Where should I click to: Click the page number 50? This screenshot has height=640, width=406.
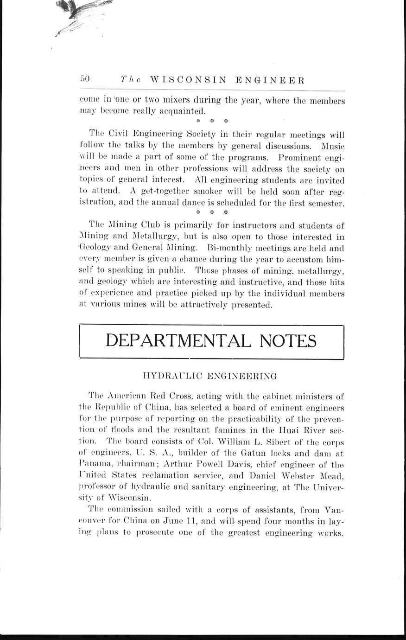point(85,79)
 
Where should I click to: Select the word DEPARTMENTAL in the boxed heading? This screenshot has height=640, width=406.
point(178,341)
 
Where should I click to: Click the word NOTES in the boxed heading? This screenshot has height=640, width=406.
point(288,341)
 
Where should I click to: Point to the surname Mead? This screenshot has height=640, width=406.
point(331,476)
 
